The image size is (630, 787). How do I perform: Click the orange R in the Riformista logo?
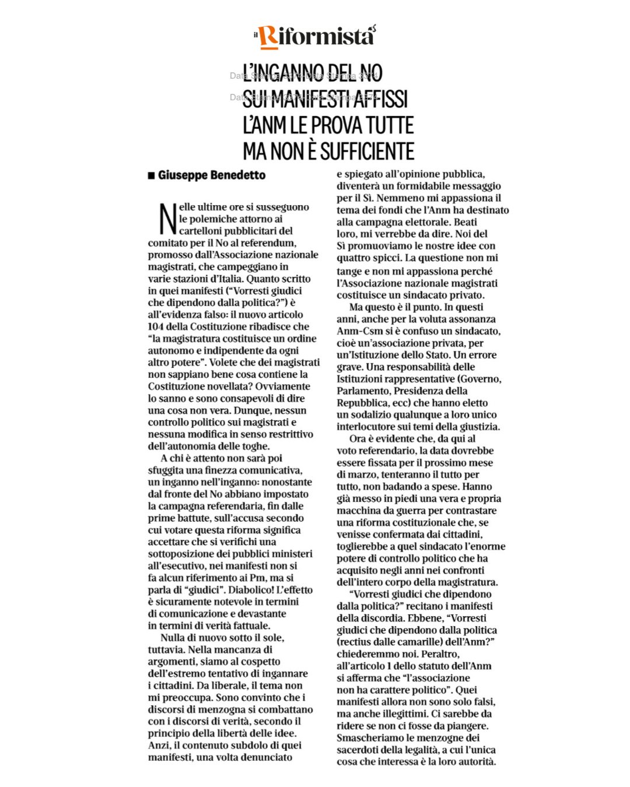[268, 36]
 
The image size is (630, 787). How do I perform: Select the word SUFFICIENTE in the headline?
[367, 151]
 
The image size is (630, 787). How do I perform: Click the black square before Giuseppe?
[151, 175]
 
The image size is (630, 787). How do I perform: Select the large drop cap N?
[168, 219]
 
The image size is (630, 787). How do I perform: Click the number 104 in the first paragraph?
[156, 326]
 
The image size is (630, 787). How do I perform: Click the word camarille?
[429, 642]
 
